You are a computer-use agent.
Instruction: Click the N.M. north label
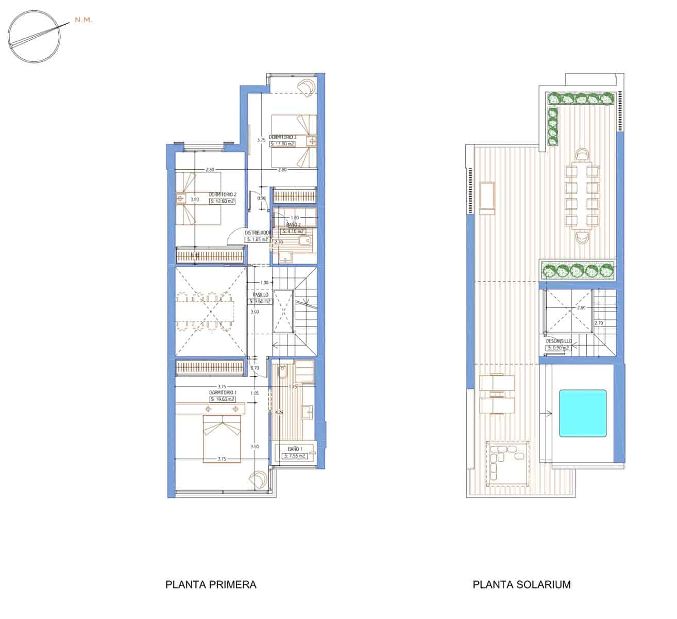pyautogui.click(x=83, y=20)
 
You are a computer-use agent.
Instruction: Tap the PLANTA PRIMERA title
pyautogui.click(x=211, y=584)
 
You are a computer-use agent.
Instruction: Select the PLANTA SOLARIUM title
pyautogui.click(x=521, y=584)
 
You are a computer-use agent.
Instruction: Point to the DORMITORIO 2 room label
pyautogui.click(x=223, y=194)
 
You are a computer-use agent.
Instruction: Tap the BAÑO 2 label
pyautogui.click(x=294, y=225)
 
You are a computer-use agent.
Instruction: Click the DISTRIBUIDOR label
pyautogui.click(x=258, y=233)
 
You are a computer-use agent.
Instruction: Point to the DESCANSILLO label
pyautogui.click(x=558, y=341)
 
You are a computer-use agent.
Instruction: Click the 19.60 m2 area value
pyautogui.click(x=223, y=399)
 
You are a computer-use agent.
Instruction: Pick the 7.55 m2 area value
pyautogui.click(x=295, y=456)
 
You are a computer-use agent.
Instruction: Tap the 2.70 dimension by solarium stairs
pyautogui.click(x=599, y=323)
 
